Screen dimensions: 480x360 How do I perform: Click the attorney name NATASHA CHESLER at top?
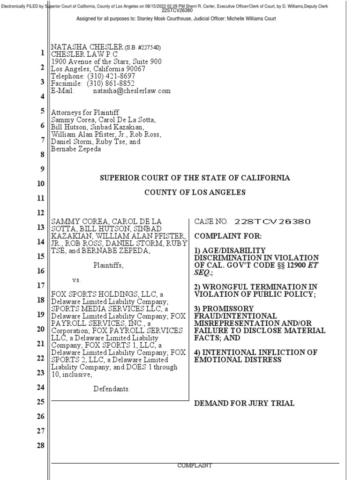click(x=86, y=47)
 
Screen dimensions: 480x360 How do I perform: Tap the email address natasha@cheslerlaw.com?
click(x=132, y=90)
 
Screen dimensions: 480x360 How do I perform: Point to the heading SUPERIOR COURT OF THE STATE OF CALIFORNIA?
click(x=195, y=178)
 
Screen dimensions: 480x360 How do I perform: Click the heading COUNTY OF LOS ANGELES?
click(x=195, y=193)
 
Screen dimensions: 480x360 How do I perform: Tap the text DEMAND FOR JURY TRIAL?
click(x=244, y=403)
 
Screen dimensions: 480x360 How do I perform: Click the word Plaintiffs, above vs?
click(x=108, y=265)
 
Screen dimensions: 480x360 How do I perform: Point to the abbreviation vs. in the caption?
click(x=77, y=280)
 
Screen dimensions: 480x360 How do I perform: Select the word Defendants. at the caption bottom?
click(x=112, y=389)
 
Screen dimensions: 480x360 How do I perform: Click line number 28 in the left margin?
click(x=40, y=445)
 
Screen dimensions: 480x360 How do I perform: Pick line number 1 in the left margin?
click(x=42, y=53)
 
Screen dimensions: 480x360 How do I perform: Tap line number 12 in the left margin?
click(x=40, y=213)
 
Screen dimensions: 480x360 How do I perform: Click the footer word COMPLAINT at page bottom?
click(x=195, y=465)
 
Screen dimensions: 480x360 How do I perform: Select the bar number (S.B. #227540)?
click(x=142, y=48)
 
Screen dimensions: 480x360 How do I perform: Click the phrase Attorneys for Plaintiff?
click(x=85, y=112)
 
